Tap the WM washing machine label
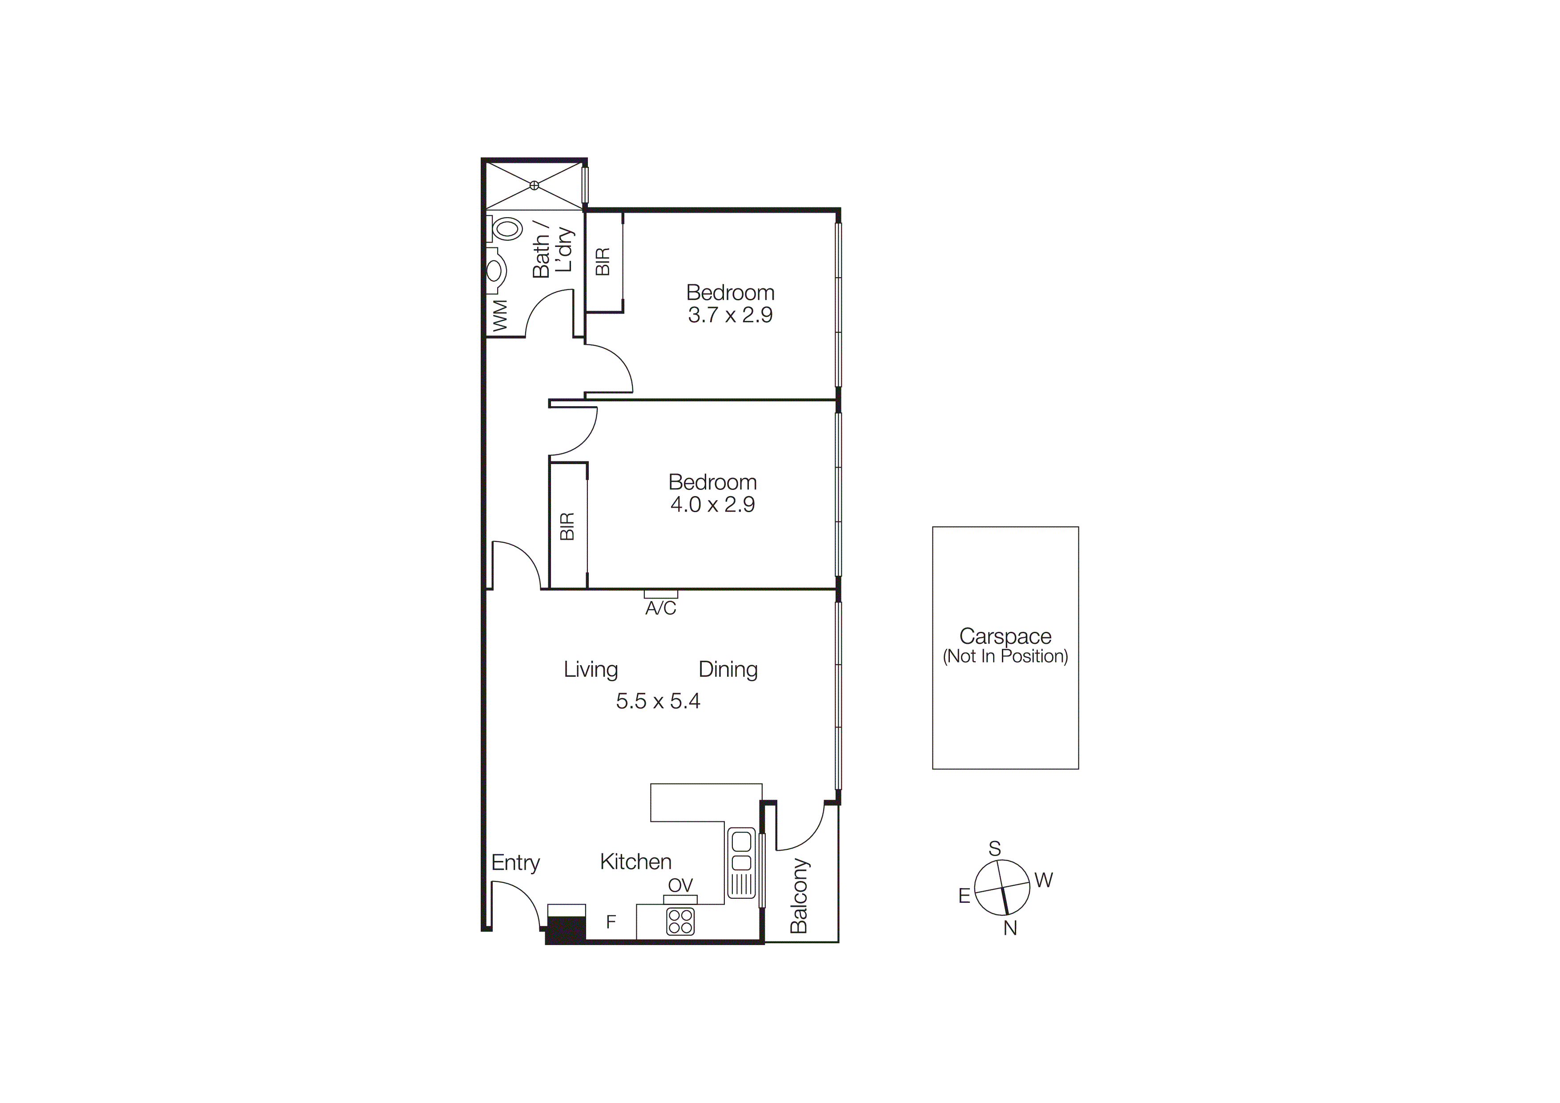[x=500, y=316]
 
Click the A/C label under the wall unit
[x=660, y=608]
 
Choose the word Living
[x=591, y=670]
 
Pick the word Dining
[x=728, y=670]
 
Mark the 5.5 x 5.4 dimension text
[x=658, y=701]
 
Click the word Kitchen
[x=635, y=862]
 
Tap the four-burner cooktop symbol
[x=680, y=921]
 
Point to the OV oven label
[x=680, y=885]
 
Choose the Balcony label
[x=799, y=896]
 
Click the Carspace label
[x=1005, y=637]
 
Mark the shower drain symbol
[x=534, y=185]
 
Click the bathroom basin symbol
[x=495, y=271]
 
